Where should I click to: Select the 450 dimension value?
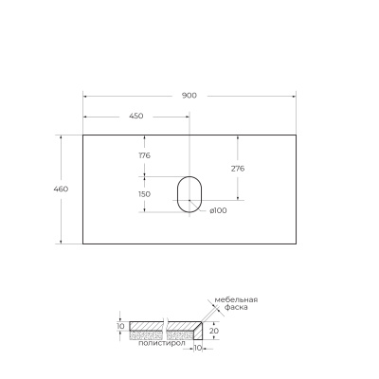point(135,116)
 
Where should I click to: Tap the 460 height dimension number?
point(62,189)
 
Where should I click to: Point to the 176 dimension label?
point(145,154)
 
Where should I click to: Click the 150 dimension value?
point(144,194)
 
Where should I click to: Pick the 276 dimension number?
point(239,168)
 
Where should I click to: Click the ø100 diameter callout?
point(219,210)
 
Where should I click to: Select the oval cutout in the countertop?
point(189,193)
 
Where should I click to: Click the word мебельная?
point(235,300)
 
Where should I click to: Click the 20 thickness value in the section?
point(214,332)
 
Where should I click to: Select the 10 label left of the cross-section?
point(120,326)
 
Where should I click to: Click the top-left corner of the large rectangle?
point(83,135)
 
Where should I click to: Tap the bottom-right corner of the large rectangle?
point(297,244)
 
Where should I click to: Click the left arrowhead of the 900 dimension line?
point(85,96)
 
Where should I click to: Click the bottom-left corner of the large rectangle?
point(83,244)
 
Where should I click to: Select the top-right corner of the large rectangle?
point(297,135)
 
